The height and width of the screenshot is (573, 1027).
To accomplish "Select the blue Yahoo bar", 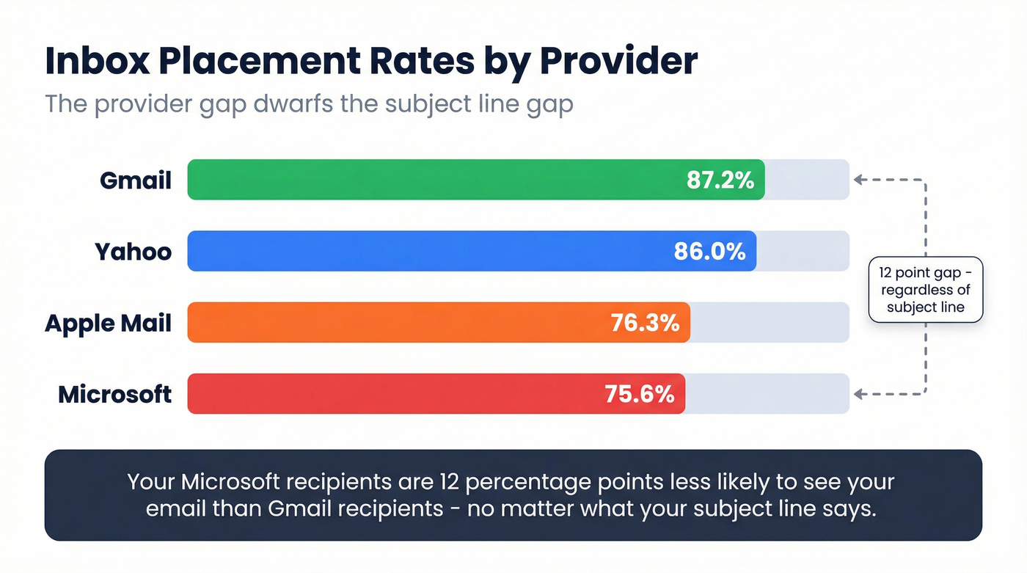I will coord(433,251).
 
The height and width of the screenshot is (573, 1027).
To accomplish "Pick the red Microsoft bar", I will coord(396,394).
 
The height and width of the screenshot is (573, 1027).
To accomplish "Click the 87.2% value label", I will coord(720,180).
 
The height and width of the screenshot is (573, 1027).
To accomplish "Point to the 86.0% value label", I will coord(709,252).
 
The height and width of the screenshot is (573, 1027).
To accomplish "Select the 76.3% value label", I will coord(645,323).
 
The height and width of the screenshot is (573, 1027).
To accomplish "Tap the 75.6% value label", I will coord(639,394).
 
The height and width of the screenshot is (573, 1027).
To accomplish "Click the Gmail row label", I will coord(136,180).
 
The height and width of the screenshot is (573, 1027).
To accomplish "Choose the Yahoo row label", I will coord(133,252).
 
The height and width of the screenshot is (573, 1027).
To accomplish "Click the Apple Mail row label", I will coord(109,323).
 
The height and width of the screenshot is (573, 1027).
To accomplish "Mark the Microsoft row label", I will coord(115,394).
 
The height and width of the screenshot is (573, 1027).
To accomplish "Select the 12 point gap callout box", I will coord(925,290).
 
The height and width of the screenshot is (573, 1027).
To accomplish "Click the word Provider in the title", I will coord(618,62).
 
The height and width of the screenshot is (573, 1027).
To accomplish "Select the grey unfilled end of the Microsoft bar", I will coord(767,394).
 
